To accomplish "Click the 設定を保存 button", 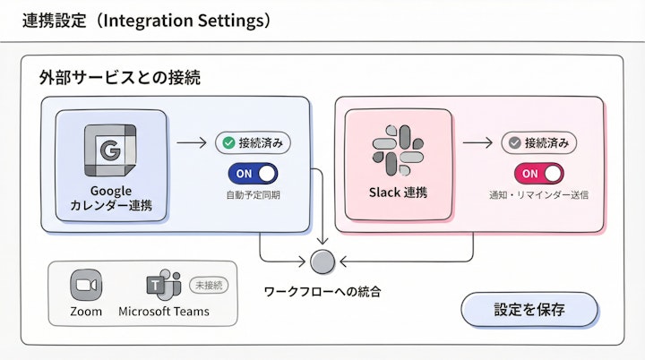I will click(529, 310).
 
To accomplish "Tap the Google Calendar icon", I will click(110, 150).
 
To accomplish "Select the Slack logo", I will click(397, 150).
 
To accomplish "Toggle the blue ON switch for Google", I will click(253, 173).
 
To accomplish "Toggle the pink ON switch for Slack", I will click(538, 173).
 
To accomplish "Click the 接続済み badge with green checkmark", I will click(254, 142).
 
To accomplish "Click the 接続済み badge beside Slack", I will click(538, 142).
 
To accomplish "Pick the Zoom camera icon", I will click(86, 285).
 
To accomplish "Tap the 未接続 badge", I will click(209, 285).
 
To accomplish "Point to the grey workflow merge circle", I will click(322, 262).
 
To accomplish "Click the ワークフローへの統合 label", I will click(322, 291).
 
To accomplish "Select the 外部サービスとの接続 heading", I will click(119, 78).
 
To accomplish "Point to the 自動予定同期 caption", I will click(253, 194).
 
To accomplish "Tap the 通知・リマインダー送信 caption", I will click(537, 194).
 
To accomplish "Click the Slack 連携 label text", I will click(398, 193).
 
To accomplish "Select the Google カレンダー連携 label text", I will click(110, 198).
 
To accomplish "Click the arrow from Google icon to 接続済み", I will click(190, 142).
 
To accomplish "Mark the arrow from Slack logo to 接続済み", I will click(476, 142).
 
